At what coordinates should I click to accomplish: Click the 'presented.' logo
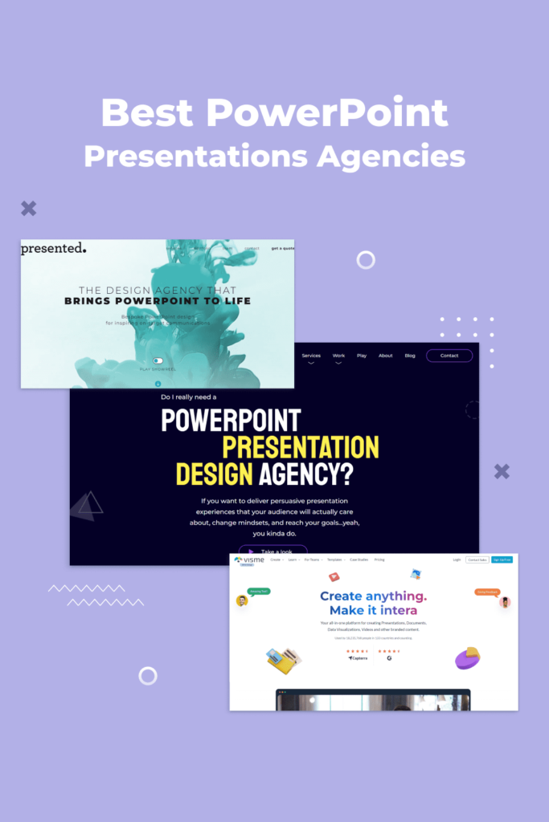point(53,249)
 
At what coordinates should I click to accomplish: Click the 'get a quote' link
point(282,249)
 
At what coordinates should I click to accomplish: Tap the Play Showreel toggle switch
point(158,361)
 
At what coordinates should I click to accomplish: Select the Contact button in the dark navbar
point(449,356)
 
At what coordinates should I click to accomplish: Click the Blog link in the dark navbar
point(410,356)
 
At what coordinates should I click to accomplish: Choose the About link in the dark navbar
point(386,356)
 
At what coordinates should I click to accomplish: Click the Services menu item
point(311,356)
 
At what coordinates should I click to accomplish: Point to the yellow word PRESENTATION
point(300,447)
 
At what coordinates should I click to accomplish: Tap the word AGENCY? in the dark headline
point(306,474)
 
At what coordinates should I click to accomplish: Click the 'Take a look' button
point(272,552)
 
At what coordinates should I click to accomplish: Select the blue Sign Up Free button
point(502,560)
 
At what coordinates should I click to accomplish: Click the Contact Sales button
point(477,560)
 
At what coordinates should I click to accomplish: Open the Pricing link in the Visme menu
point(379,560)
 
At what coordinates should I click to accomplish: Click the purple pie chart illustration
point(468,657)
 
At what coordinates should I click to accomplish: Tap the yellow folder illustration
point(284,660)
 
